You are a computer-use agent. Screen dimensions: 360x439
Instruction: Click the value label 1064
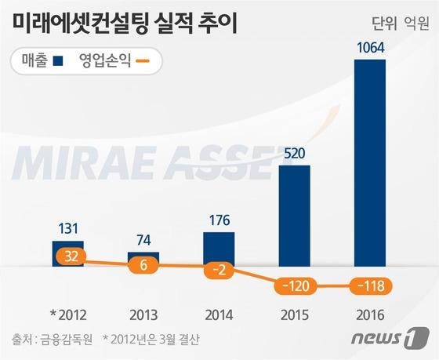click(x=370, y=49)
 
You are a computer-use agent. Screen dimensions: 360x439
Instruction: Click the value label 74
click(x=143, y=240)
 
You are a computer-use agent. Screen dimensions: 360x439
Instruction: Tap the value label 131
click(x=67, y=228)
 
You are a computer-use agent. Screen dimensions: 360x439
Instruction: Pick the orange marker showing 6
click(x=143, y=265)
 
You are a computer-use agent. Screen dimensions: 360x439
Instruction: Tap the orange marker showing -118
click(x=370, y=286)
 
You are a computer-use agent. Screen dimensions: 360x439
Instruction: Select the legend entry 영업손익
click(x=114, y=60)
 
